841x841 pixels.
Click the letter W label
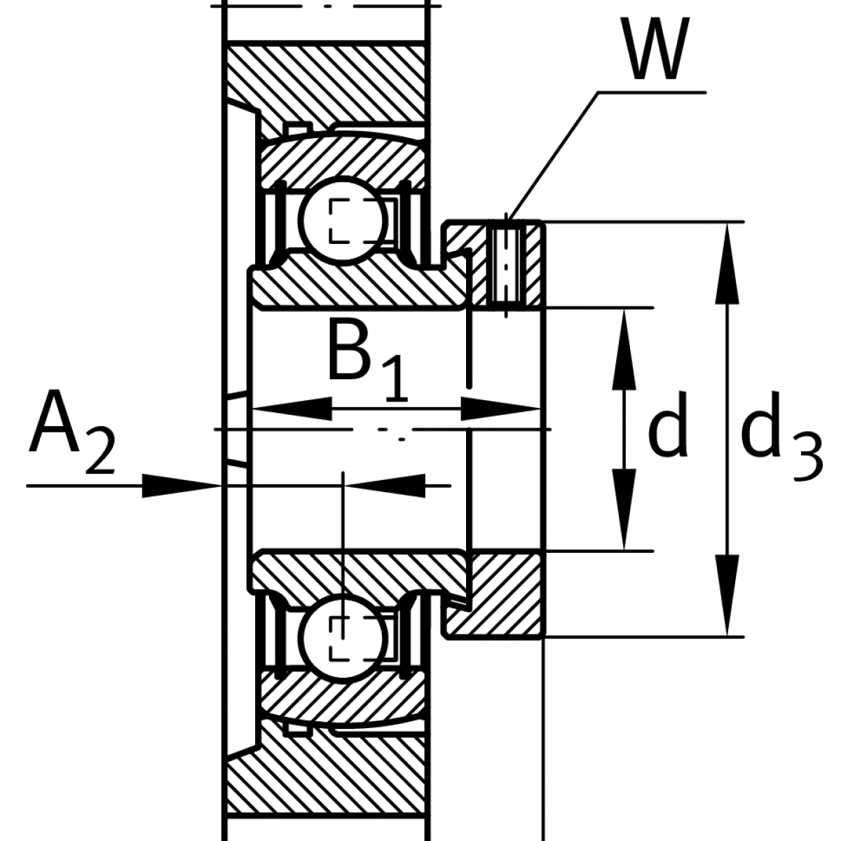tap(655, 49)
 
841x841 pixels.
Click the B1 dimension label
tap(367, 361)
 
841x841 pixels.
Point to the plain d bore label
tap(668, 424)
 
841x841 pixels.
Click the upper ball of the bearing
tap(344, 221)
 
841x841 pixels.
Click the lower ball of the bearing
tap(344, 639)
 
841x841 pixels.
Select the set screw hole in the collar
tap(506, 266)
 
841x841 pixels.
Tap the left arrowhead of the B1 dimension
tap(292, 409)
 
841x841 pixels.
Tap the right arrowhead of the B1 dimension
tap(501, 409)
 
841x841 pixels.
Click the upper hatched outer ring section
tap(343, 161)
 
